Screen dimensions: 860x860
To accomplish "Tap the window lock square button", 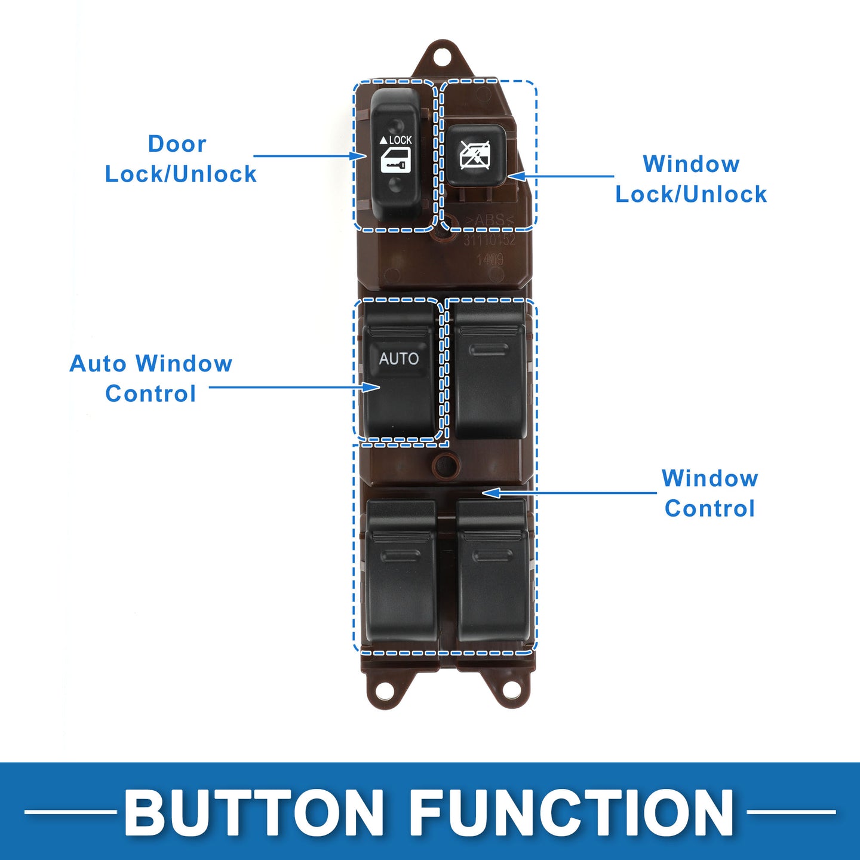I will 475,155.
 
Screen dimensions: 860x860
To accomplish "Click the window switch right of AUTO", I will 490,373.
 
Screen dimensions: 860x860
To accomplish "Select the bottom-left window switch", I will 401,573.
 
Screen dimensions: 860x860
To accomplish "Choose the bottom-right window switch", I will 493,573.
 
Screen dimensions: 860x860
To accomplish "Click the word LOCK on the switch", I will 400,140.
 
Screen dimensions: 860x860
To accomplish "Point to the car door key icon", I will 395,161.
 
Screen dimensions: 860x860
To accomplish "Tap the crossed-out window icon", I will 475,155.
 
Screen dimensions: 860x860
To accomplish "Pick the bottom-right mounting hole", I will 511,689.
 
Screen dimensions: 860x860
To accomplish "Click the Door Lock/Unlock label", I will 180,159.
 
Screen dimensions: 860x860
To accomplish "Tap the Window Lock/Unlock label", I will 691,179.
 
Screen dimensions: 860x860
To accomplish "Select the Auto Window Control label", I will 151,379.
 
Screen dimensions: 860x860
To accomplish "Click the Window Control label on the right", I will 709,493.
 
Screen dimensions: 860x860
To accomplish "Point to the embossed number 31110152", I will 490,240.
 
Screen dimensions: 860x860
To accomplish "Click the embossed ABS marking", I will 490,220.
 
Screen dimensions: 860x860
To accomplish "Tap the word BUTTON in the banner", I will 254,813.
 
